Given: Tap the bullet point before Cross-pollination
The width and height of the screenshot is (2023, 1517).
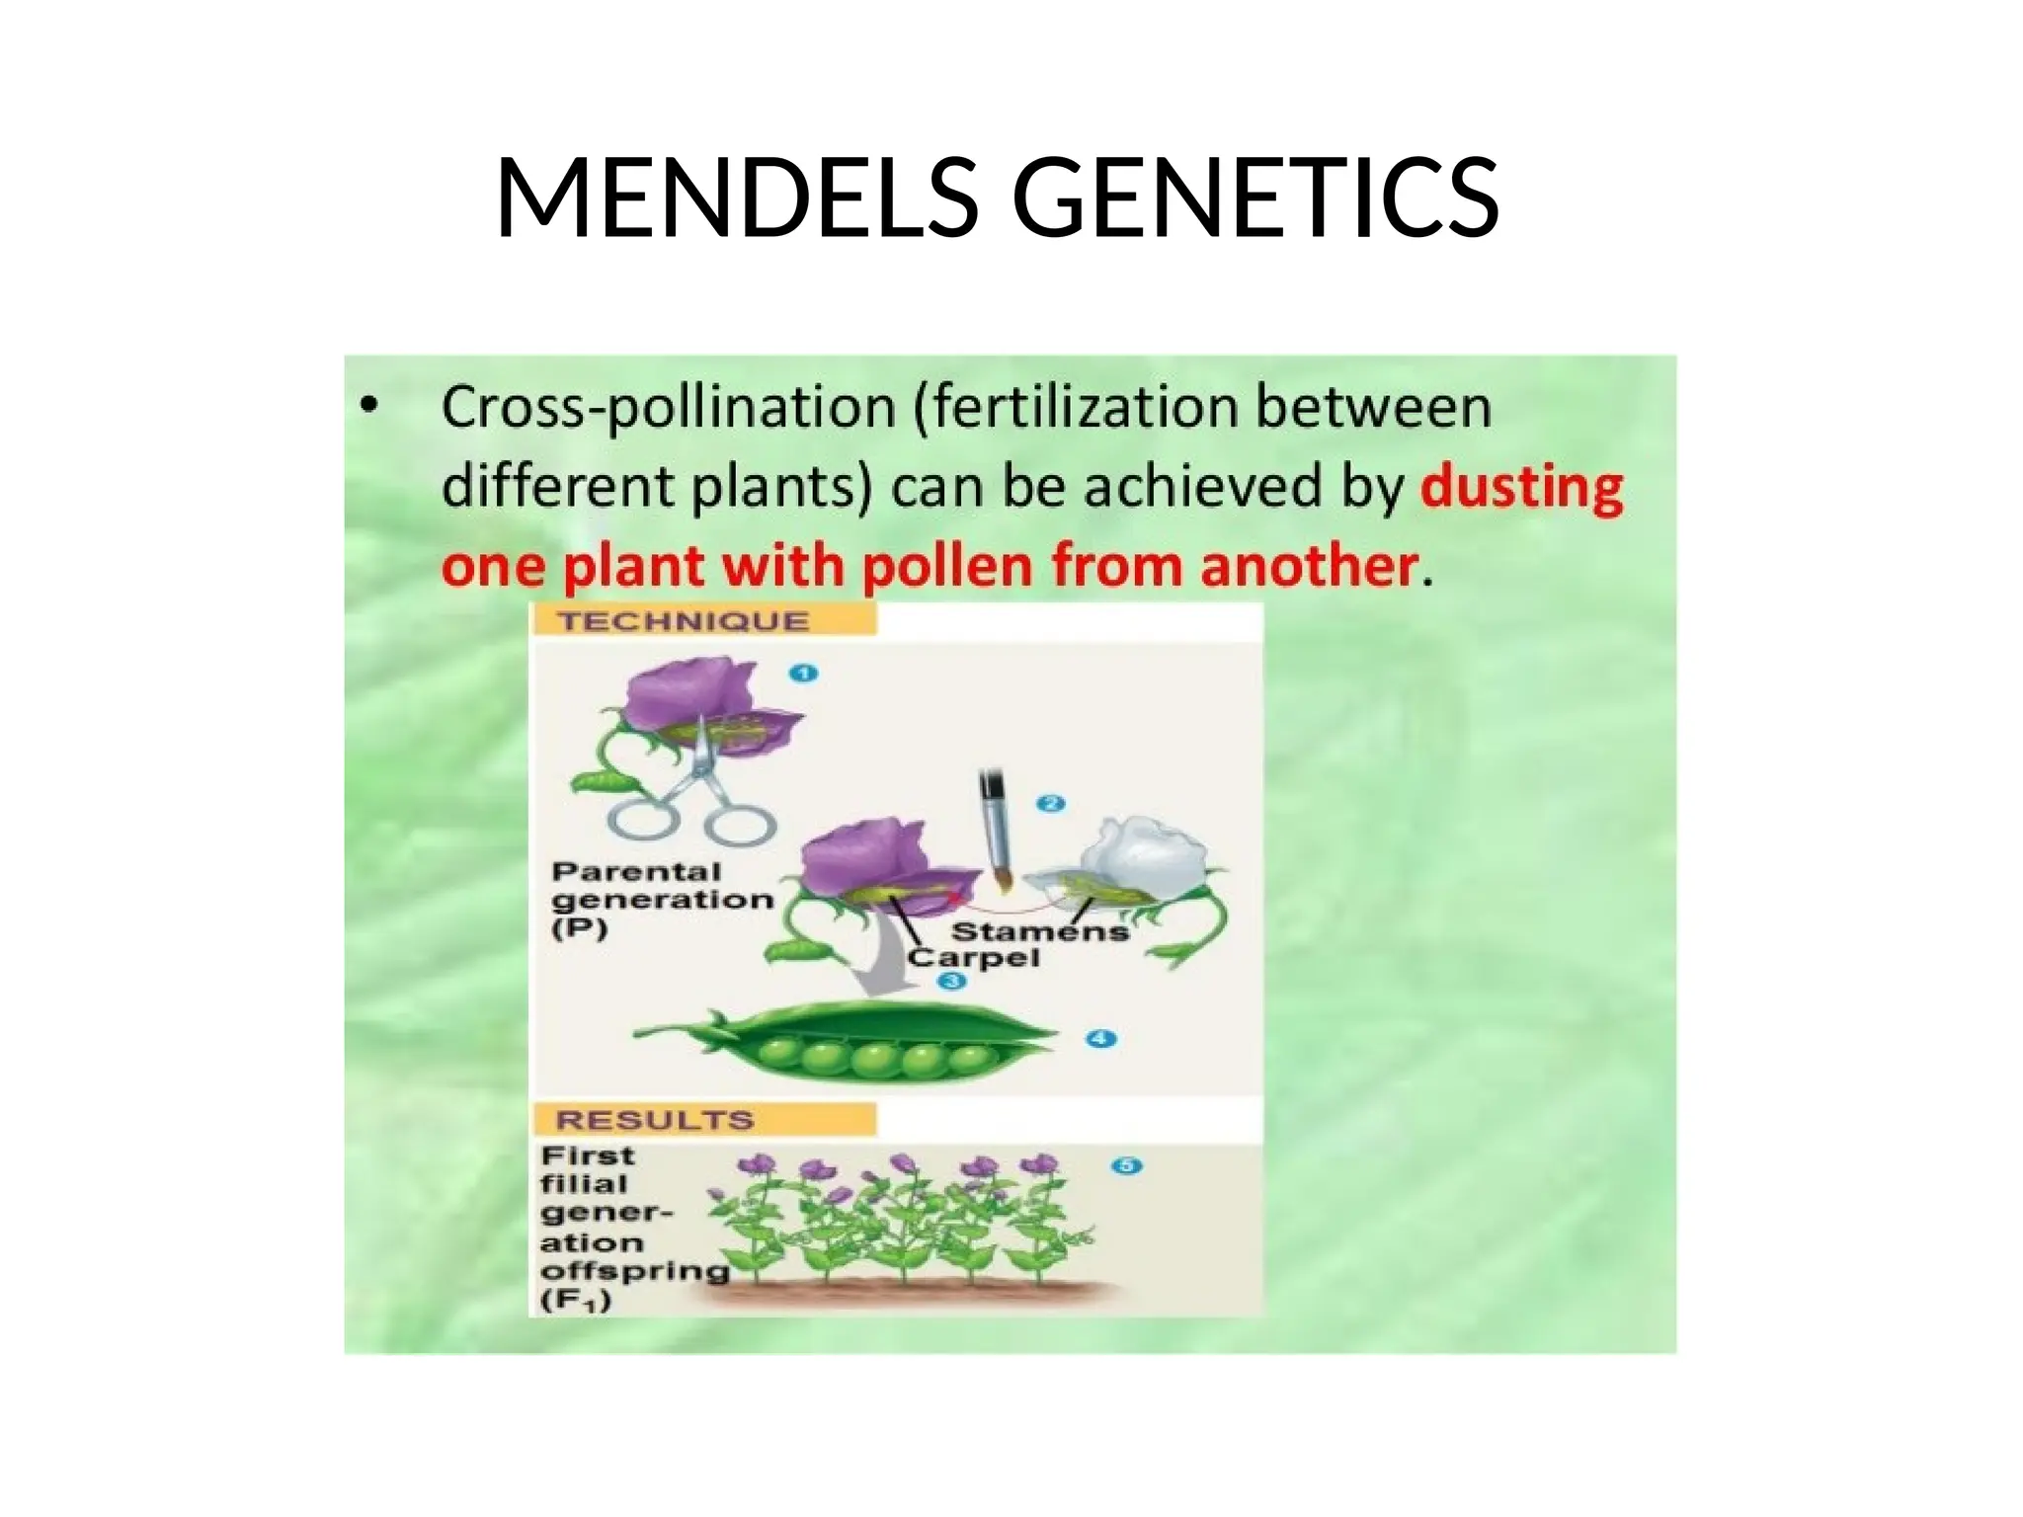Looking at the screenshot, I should (x=368, y=406).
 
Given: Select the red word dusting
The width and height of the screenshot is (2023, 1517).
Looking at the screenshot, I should (x=1521, y=486).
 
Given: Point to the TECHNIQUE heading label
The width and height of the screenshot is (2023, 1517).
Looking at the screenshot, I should (x=683, y=621).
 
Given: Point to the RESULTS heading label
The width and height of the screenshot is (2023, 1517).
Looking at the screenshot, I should (x=654, y=1120).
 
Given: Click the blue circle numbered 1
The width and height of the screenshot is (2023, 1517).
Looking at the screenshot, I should (x=803, y=674).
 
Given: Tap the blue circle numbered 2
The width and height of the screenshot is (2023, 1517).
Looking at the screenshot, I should (x=1050, y=804).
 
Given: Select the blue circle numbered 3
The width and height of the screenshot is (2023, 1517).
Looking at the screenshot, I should (x=951, y=981).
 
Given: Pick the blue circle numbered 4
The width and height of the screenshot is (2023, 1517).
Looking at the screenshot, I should (x=1100, y=1039).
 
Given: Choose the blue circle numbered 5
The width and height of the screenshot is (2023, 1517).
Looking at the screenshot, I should (x=1126, y=1165).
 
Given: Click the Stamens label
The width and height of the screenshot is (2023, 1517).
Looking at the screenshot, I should (x=1039, y=931).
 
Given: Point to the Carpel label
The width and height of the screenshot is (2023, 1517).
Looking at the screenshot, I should (x=974, y=957).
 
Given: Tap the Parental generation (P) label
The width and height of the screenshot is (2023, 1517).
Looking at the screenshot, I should (x=660, y=899).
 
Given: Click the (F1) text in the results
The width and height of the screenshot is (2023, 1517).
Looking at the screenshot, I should (x=576, y=1300).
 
